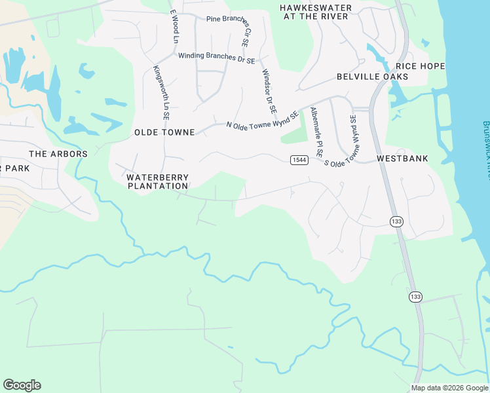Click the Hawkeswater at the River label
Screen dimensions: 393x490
pos(315,12)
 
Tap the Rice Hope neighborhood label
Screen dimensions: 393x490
pos(420,66)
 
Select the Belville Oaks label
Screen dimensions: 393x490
pos(372,77)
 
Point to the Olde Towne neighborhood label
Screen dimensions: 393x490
pos(164,132)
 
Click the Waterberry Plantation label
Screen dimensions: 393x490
pos(157,181)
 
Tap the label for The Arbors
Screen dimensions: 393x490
pos(58,154)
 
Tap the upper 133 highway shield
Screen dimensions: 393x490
pos(396,221)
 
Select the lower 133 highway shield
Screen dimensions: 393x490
pos(415,297)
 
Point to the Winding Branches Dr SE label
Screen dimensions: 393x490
pos(216,57)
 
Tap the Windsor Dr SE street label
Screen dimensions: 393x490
pos(269,90)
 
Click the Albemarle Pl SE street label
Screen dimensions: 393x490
pos(317,131)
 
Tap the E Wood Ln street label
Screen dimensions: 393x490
pos(174,26)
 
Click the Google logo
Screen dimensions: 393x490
pos(22,385)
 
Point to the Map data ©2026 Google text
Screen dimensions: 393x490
pos(449,388)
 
